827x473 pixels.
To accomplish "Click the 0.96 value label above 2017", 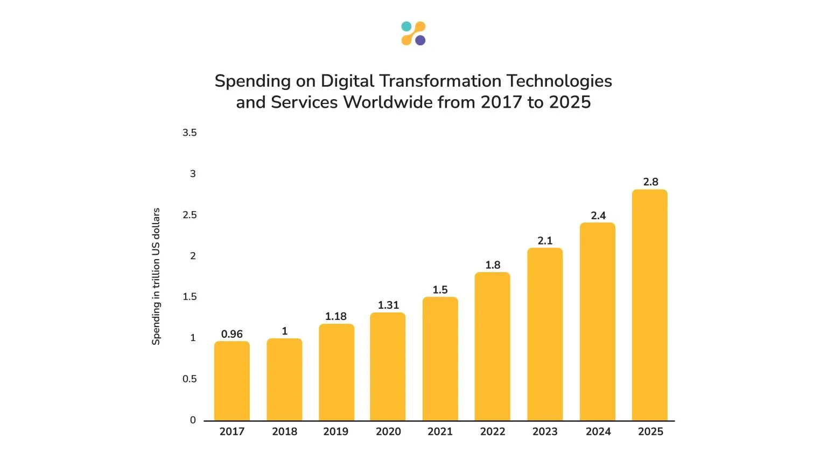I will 232,334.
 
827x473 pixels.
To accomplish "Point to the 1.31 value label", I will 388,305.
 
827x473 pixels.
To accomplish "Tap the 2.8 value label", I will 650,182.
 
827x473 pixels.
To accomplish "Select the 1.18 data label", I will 336,317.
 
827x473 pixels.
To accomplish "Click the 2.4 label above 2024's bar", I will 598,216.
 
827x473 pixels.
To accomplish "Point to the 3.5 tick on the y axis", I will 190,133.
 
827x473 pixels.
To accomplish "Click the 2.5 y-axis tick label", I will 190,215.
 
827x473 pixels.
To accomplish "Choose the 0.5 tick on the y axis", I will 190,379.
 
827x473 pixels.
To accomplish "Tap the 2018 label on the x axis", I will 284,432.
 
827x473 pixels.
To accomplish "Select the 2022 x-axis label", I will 493,432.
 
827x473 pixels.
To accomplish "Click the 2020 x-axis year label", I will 388,432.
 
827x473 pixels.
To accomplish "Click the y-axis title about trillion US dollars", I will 156,276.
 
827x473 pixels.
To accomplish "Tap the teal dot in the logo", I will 407,26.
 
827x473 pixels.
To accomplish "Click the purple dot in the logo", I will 420,40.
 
